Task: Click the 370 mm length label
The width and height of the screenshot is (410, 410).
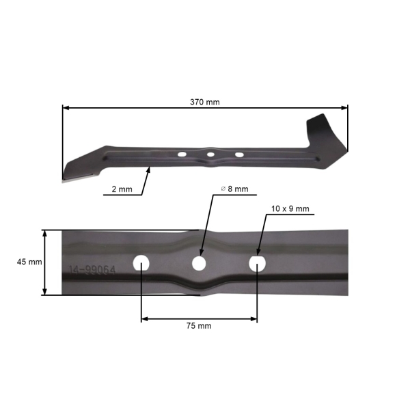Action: (205, 102)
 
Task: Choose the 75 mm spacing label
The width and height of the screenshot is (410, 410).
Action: (199, 326)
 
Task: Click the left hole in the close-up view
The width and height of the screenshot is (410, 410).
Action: (141, 262)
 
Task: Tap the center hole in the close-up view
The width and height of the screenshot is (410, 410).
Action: (199, 263)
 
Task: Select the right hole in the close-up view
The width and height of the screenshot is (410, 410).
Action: (257, 263)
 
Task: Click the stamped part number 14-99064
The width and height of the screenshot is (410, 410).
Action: (92, 271)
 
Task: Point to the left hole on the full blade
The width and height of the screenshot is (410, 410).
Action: (182, 154)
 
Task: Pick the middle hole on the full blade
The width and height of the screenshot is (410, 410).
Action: (210, 156)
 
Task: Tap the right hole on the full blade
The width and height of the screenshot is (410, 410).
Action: (239, 154)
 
